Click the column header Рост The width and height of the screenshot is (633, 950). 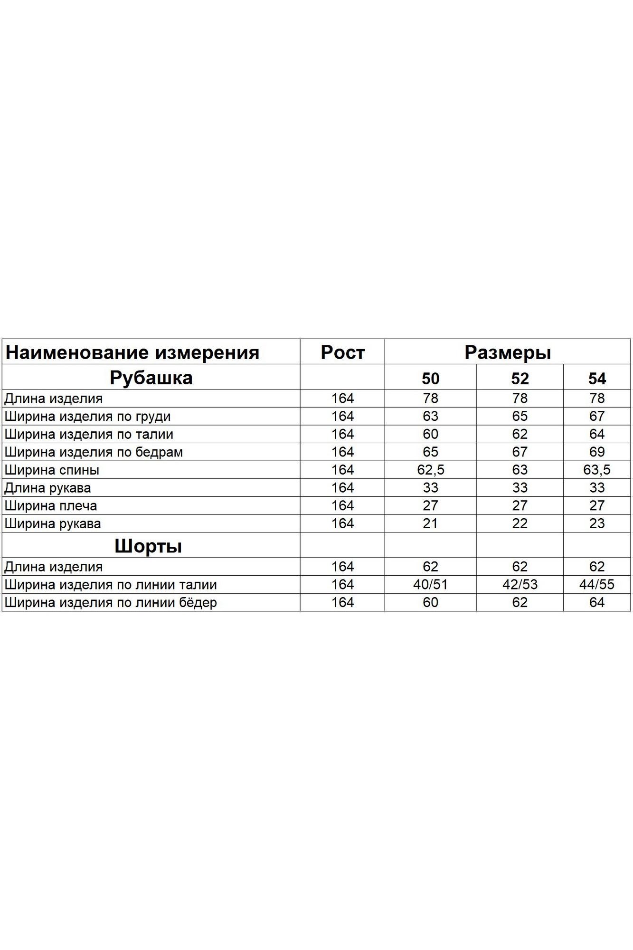(x=342, y=352)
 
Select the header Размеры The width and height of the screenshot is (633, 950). (x=507, y=352)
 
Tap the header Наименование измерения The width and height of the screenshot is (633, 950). (x=132, y=352)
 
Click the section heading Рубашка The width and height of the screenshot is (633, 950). (x=151, y=378)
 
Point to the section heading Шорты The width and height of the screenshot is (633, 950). (x=148, y=546)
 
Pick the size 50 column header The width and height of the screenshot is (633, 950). (x=430, y=379)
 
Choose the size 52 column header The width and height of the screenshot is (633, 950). (x=520, y=379)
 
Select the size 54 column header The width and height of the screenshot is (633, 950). (x=597, y=379)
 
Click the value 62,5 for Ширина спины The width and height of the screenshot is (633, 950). (x=430, y=470)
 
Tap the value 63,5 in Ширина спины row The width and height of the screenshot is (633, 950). (x=597, y=470)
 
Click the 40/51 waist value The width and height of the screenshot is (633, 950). (x=430, y=584)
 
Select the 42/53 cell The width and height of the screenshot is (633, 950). (x=520, y=584)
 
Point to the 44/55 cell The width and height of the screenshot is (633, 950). (x=597, y=584)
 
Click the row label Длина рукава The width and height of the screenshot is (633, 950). (x=47, y=488)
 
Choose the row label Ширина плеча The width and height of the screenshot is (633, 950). (x=51, y=506)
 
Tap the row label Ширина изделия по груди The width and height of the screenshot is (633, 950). (x=87, y=417)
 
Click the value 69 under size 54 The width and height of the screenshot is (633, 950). (x=597, y=452)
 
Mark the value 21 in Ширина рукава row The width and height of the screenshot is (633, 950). (x=430, y=523)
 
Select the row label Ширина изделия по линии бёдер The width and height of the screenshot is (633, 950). (x=111, y=602)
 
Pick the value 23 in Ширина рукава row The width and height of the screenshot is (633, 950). (x=597, y=523)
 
